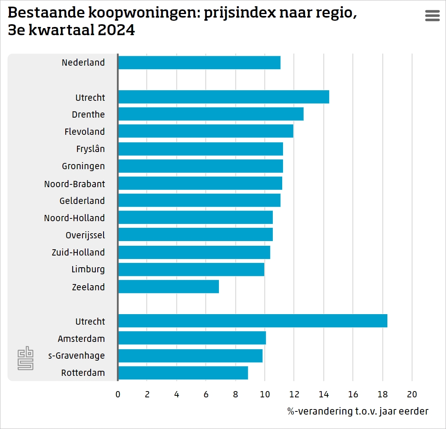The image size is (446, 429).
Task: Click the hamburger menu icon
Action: coord(432,15)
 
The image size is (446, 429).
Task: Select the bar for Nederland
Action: coord(199,63)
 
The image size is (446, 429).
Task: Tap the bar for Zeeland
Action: coord(168,286)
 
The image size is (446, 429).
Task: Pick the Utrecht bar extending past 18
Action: coord(253,321)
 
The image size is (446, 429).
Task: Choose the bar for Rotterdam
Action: coord(183,373)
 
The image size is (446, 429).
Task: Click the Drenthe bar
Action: coord(211,114)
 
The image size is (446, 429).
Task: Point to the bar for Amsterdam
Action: coord(192,338)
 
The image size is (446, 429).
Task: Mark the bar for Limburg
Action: coord(191,269)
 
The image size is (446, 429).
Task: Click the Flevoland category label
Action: coord(84,132)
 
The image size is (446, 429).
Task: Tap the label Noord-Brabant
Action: coord(74,184)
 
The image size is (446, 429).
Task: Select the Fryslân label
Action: coord(90,149)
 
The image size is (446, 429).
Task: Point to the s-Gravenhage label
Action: coord(76,356)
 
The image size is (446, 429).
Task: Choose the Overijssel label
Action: coord(85,235)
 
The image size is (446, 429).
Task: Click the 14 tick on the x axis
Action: coord(324,394)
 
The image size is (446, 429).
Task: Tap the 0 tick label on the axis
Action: coord(118,394)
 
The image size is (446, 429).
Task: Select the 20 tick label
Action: coord(412,394)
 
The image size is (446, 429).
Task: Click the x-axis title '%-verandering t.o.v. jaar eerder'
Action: coord(358,411)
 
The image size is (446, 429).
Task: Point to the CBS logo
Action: coord(25,358)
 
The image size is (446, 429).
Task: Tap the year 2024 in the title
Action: coord(116,30)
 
